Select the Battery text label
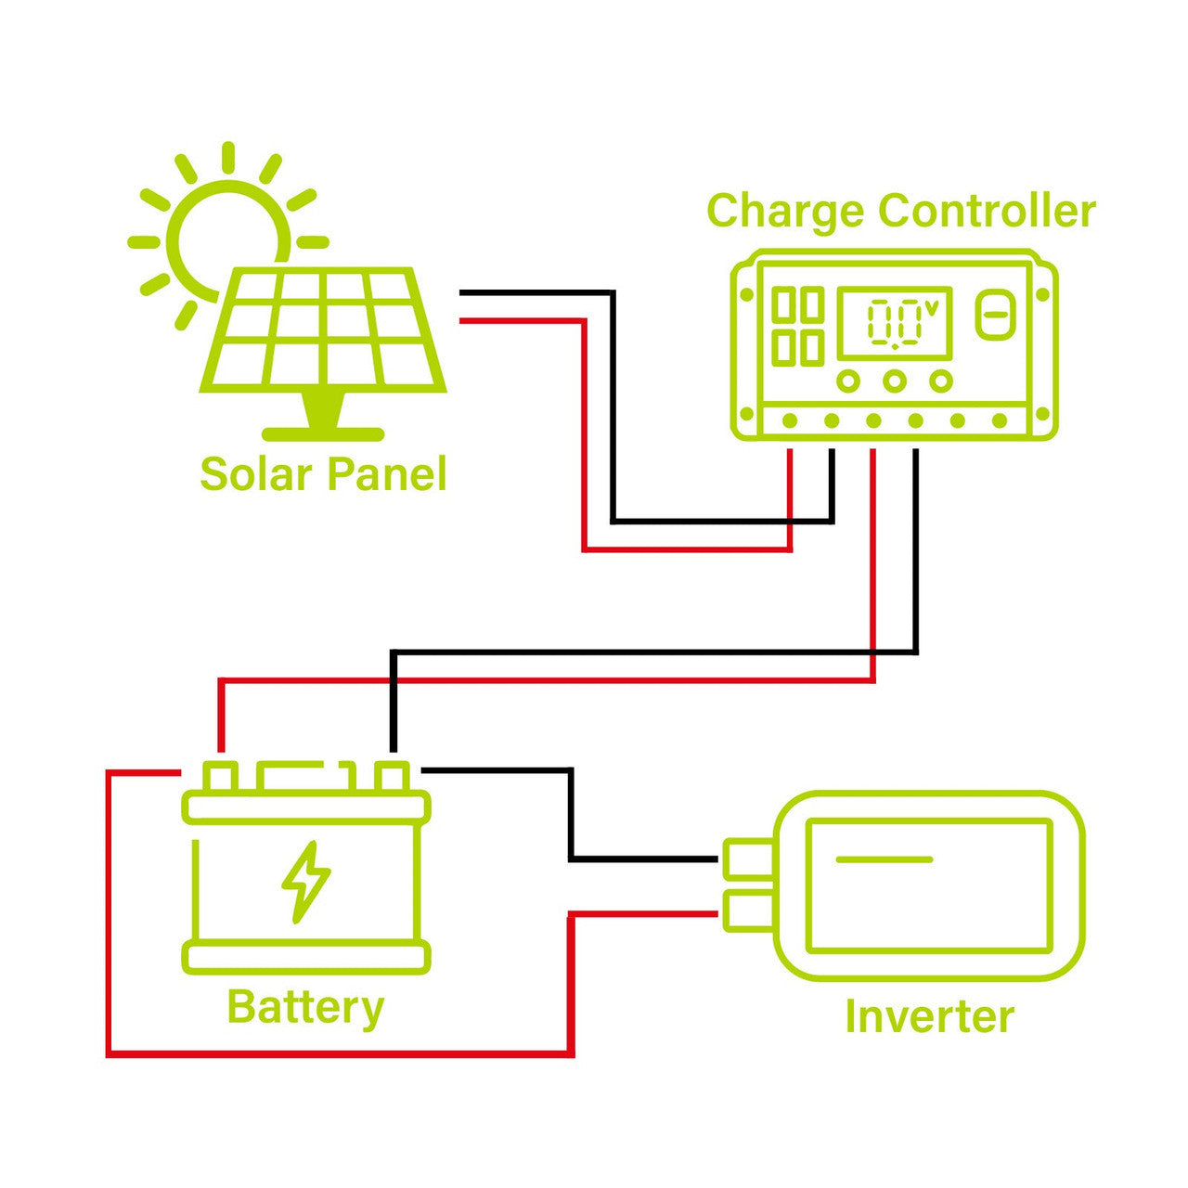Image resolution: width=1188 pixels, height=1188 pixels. pos(305,1008)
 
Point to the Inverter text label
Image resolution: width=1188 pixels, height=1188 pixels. pos(929,1017)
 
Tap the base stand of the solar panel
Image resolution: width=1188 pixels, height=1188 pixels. pos(323,433)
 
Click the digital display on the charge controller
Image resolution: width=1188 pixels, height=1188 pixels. pos(894,323)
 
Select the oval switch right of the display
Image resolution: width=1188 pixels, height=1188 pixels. pos(995,315)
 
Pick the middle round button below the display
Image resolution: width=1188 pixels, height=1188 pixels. pos(895,381)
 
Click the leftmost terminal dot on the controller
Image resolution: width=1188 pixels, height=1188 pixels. pos(790,421)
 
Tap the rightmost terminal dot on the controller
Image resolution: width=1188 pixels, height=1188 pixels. pos(1000,421)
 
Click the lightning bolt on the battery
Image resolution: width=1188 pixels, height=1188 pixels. pos(305,882)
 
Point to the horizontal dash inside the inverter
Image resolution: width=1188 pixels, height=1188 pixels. pos(884,859)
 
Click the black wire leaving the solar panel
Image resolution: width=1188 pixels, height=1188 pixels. pos(538,293)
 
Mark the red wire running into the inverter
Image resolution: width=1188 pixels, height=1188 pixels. pos(640,915)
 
